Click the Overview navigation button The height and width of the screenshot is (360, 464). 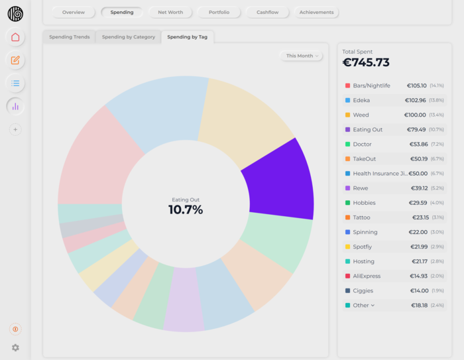point(74,13)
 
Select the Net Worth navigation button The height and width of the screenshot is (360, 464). point(170,13)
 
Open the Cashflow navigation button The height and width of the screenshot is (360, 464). point(268,13)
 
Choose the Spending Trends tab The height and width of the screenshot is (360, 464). point(70,37)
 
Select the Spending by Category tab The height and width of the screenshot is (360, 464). point(128,37)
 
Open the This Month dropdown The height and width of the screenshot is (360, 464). point(302,56)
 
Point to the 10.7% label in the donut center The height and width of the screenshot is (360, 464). point(186,210)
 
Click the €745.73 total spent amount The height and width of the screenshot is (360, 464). point(366,63)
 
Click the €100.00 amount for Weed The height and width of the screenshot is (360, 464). point(416,115)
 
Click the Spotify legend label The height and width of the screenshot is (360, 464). point(363,247)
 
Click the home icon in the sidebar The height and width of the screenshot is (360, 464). point(15,37)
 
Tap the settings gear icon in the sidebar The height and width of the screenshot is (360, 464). point(15,347)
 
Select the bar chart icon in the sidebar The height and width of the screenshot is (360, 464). point(15,106)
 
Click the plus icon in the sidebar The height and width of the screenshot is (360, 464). point(15,130)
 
